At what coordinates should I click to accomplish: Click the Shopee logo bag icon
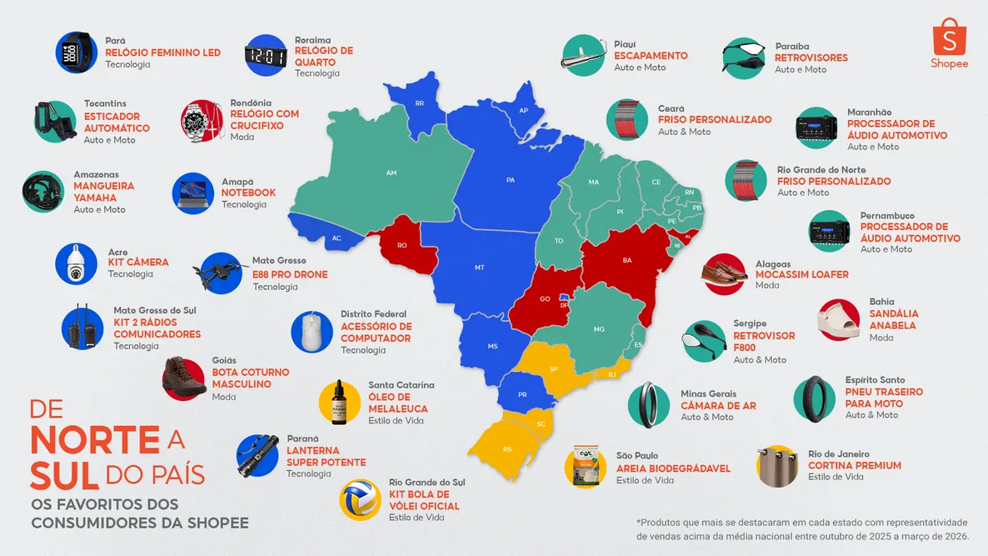tap(949, 38)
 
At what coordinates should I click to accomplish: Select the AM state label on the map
tap(391, 173)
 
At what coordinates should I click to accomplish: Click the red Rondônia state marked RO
tap(402, 246)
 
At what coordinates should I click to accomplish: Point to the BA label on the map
tap(626, 260)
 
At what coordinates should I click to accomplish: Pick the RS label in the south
tap(507, 449)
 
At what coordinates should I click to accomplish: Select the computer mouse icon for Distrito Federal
tap(312, 331)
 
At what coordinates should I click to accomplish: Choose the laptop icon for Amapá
tap(194, 193)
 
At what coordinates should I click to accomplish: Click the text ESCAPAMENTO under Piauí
tap(651, 56)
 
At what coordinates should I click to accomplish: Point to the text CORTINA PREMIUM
tap(854, 466)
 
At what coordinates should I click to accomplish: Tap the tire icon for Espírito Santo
tap(814, 398)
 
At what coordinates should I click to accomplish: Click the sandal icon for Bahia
tap(839, 319)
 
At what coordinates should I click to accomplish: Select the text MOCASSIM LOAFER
tap(801, 274)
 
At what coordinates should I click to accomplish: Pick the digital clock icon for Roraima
tap(266, 56)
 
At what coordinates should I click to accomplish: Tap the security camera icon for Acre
tap(77, 263)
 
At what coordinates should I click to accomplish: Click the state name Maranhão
tap(869, 112)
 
